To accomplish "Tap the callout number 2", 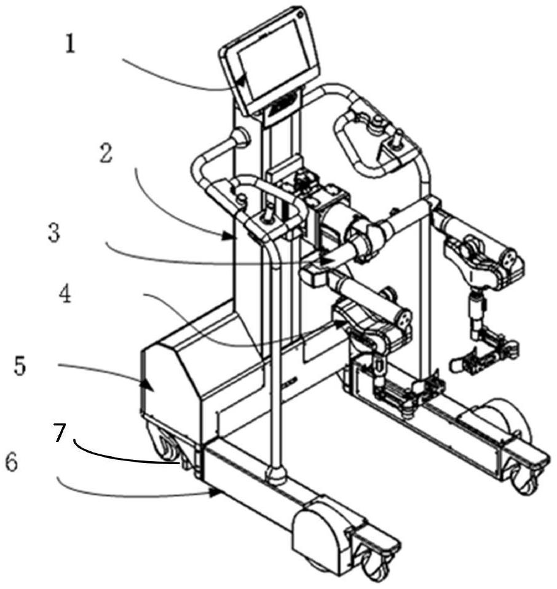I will [106, 154].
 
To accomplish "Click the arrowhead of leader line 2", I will [232, 235].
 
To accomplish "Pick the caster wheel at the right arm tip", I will [526, 481].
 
